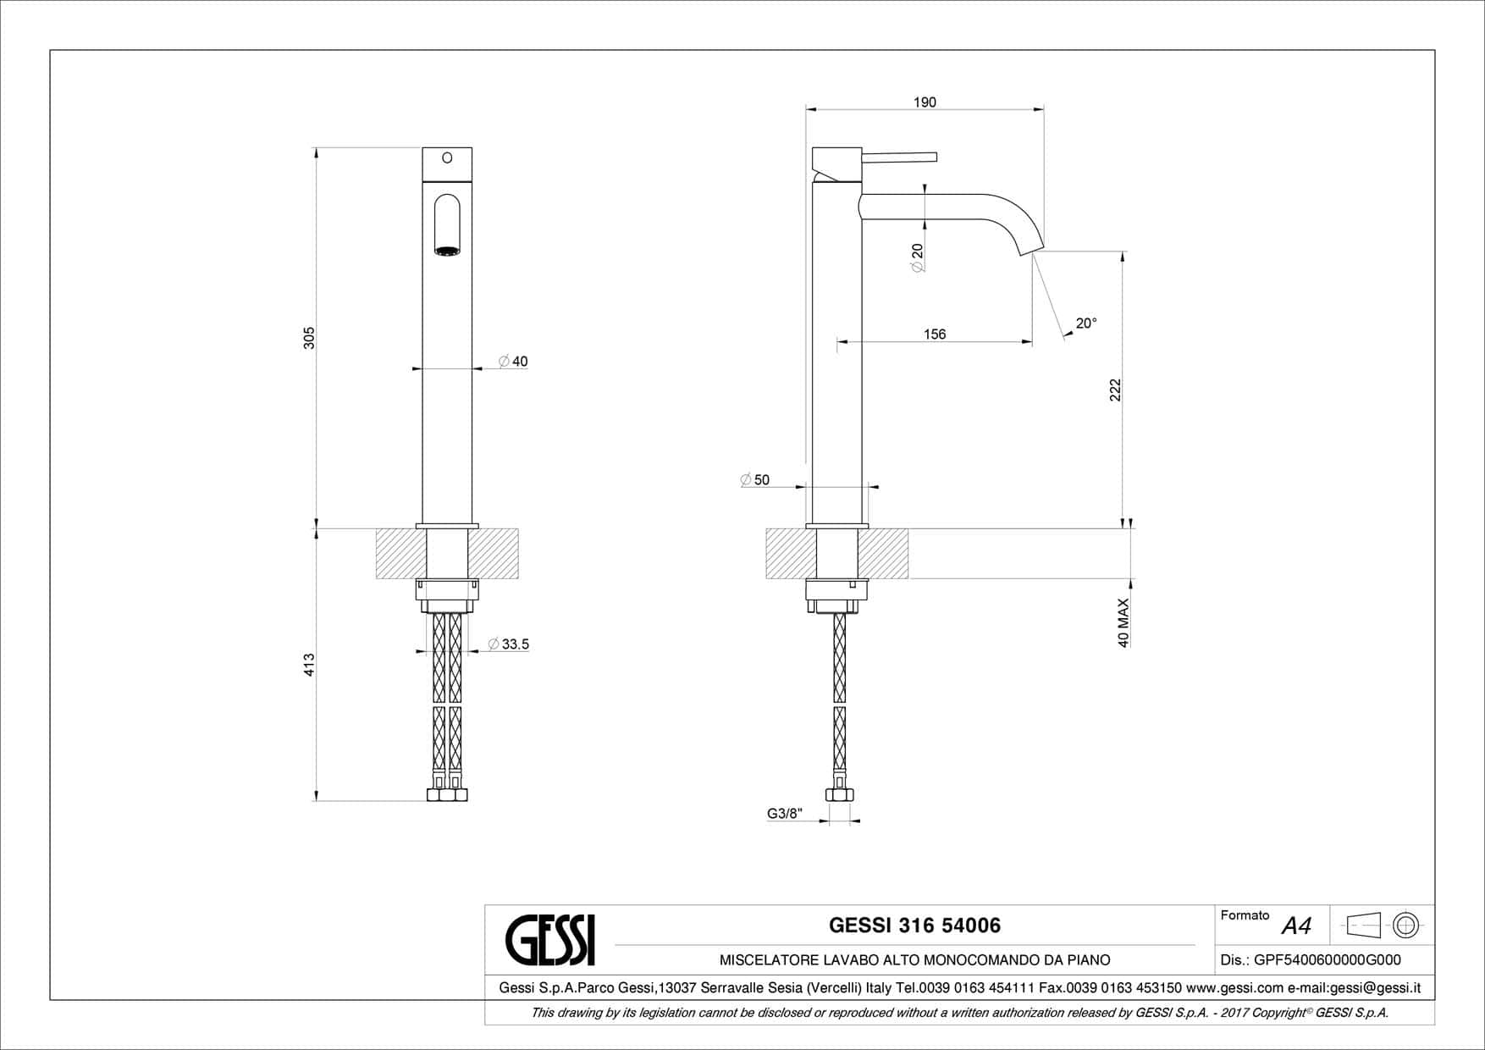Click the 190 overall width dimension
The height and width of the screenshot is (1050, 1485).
[925, 102]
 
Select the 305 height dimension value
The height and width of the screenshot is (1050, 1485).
[309, 338]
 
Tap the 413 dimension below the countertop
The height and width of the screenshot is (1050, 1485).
[309, 664]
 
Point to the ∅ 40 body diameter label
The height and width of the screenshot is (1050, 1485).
[513, 362]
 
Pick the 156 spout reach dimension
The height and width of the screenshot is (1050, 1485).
[934, 334]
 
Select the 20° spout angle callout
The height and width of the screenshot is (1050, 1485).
[1086, 323]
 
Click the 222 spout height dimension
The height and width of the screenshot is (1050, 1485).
[1115, 390]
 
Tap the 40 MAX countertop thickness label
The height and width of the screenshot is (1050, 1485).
[1123, 623]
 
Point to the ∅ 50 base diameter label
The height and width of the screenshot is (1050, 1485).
[755, 480]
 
